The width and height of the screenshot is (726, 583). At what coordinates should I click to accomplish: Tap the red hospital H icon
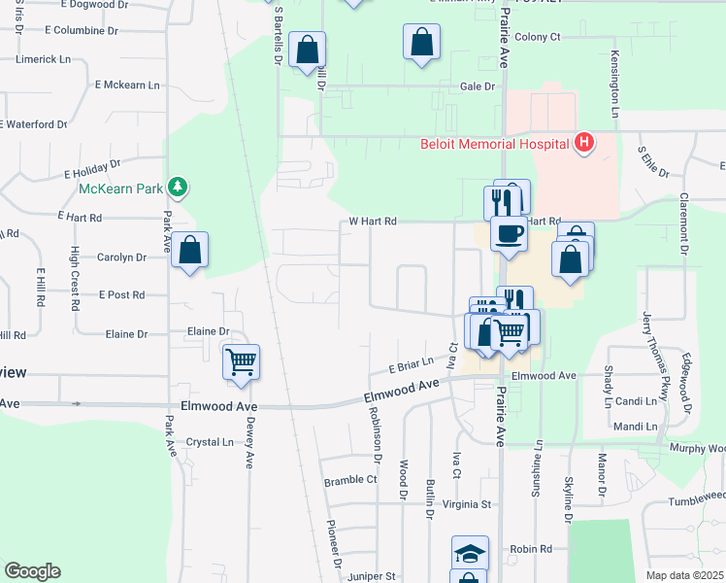tap(583, 143)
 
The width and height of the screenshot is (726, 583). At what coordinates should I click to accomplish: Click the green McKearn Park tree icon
tap(177, 186)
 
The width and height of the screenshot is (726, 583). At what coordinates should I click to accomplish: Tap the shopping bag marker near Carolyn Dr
tap(191, 251)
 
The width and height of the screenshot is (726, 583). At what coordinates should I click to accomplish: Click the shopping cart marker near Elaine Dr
tap(241, 361)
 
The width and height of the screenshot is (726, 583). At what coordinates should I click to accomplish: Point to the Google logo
tap(32, 571)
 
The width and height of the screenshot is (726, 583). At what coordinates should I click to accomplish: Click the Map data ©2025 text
tap(684, 575)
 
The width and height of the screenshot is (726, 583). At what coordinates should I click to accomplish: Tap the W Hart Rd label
tap(374, 222)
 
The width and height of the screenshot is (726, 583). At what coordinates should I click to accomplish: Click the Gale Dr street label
tap(478, 86)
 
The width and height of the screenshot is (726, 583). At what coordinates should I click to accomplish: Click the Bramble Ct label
tap(350, 480)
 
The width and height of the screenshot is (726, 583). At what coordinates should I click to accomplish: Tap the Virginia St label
tap(469, 504)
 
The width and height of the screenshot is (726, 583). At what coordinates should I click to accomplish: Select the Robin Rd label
tap(531, 549)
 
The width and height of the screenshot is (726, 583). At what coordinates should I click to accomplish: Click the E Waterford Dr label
tap(34, 124)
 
